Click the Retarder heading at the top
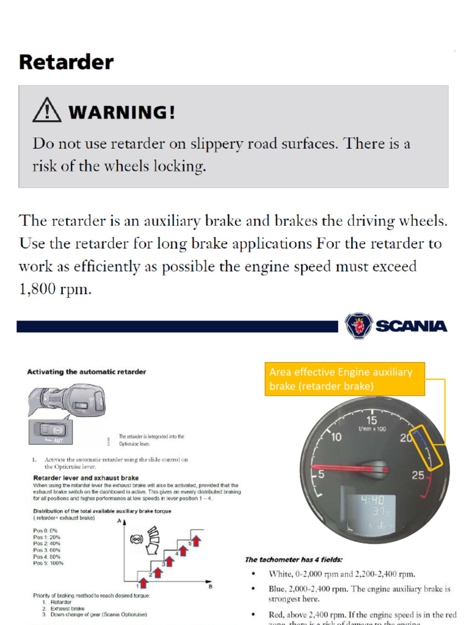tap(66, 62)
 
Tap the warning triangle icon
tap(46, 111)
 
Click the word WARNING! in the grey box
tap(122, 112)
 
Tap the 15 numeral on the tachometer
tap(372, 420)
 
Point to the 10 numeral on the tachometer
tap(336, 437)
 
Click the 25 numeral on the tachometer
tap(418, 475)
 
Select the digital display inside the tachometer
tap(371, 512)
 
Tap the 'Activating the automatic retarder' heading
tap(86, 372)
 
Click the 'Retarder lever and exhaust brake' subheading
tap(85, 477)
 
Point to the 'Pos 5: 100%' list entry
tap(48, 563)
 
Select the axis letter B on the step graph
tap(210, 587)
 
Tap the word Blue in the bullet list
tap(279, 589)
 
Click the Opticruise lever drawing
tap(67, 401)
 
